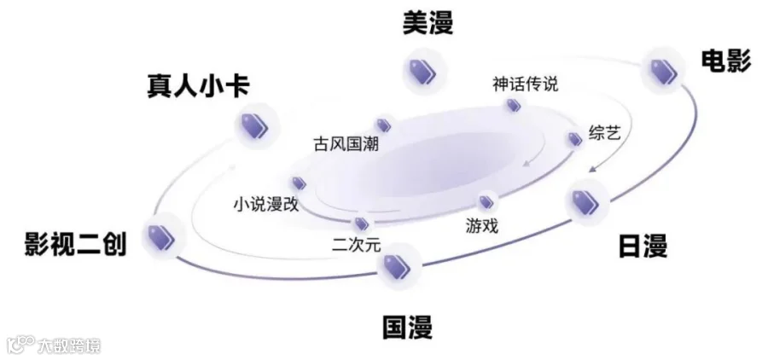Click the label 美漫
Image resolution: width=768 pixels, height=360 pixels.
(428, 23)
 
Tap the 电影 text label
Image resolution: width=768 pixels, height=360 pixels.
(725, 61)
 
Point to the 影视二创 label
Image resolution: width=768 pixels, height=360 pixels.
(75, 244)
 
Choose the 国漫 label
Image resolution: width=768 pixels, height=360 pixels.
(407, 326)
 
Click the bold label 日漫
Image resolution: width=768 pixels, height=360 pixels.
(643, 247)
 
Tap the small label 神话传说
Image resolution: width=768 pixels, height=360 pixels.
(525, 84)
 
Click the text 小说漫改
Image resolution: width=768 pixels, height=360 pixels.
(265, 205)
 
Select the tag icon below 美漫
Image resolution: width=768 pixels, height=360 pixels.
(420, 72)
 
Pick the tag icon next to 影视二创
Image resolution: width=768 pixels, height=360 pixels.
(160, 236)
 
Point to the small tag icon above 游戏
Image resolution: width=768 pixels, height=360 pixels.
(486, 202)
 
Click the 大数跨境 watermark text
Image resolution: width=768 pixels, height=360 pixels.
(68, 345)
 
